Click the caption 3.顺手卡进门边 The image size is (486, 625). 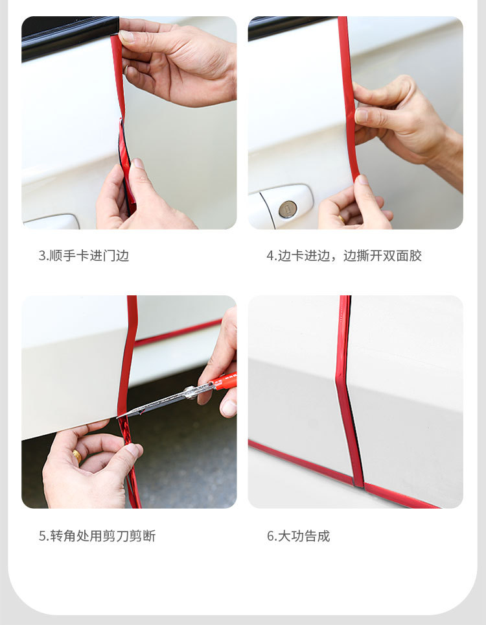pos(84,256)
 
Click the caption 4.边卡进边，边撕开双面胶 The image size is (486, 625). pos(344,256)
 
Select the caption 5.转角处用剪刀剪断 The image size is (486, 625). pos(97,536)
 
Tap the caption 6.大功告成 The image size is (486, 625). pos(299,536)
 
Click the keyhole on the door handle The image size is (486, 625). pos(288,209)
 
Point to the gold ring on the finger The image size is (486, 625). pos(77,456)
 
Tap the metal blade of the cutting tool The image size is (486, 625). pos(162,398)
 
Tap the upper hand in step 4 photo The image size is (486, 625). pos(402,123)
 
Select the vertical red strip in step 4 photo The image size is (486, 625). pos(348,97)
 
